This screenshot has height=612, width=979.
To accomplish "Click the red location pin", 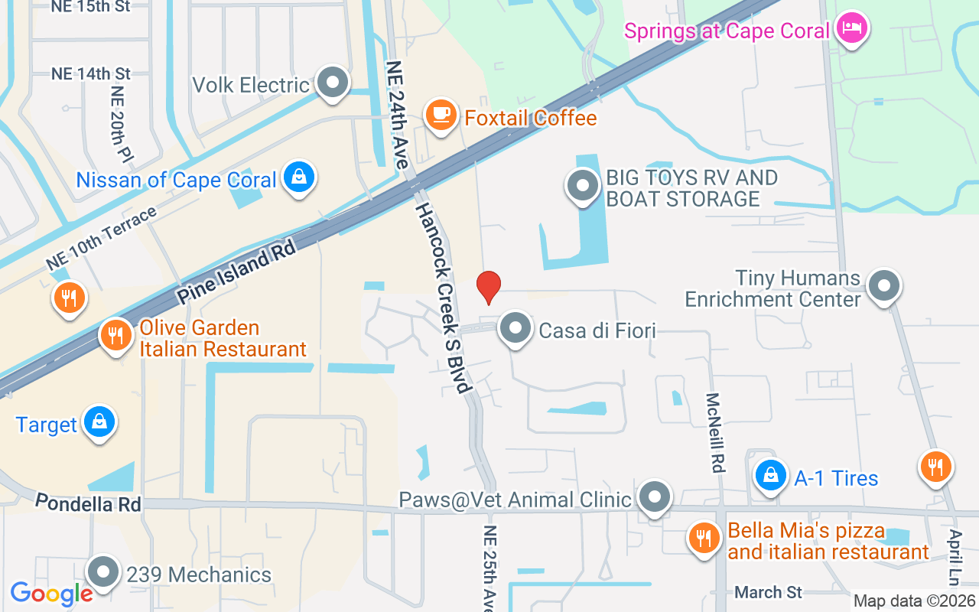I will [488, 288].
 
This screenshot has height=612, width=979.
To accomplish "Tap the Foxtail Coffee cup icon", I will [441, 116].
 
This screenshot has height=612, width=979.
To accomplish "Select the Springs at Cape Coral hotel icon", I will [852, 29].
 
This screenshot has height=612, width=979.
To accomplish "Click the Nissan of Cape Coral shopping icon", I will [299, 177].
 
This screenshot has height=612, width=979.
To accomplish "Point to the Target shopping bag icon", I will [99, 422].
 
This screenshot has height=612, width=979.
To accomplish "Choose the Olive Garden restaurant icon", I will [116, 336].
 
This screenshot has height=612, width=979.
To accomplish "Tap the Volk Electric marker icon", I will [333, 83].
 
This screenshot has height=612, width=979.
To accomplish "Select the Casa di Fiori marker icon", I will [516, 328].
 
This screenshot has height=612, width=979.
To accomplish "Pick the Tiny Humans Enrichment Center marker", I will [885, 286].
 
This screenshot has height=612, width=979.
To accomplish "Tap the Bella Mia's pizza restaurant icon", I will [702, 538].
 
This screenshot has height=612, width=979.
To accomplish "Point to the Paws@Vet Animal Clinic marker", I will [655, 497].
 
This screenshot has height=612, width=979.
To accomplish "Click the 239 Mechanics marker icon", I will [103, 572].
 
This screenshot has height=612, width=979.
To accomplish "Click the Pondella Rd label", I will [88, 503].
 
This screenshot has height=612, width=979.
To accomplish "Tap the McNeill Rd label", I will [714, 433].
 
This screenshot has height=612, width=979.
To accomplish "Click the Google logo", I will [51, 593].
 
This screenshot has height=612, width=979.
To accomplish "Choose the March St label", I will [768, 592].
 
